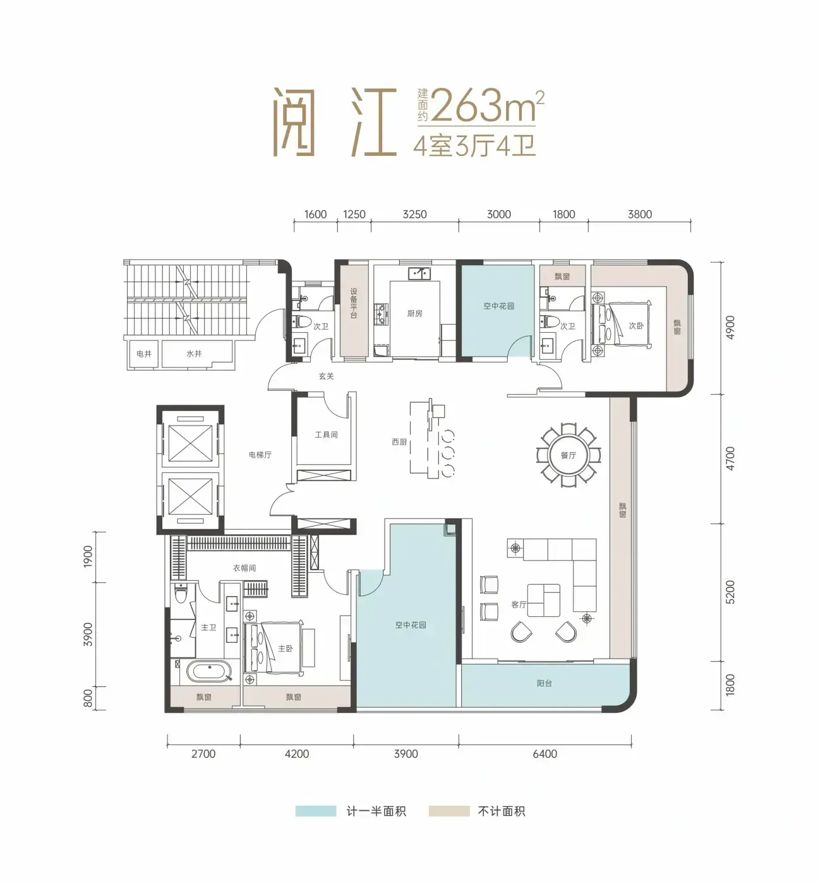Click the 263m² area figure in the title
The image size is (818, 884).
(x=487, y=105)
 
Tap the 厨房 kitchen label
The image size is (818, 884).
(x=414, y=313)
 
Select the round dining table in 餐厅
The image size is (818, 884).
(x=568, y=455)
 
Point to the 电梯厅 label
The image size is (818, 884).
(x=260, y=455)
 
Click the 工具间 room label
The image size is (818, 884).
(x=327, y=434)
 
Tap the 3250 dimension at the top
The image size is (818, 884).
(x=414, y=215)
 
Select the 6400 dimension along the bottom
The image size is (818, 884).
(x=545, y=753)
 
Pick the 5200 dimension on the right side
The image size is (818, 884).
(x=730, y=592)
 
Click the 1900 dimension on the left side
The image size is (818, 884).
(x=88, y=556)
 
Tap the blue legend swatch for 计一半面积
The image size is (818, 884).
(x=316, y=811)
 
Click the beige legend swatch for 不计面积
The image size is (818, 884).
(x=449, y=811)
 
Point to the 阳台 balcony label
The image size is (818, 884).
(x=544, y=683)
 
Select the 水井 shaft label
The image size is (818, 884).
(x=194, y=354)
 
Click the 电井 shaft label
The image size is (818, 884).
(x=144, y=354)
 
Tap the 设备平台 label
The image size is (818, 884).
(x=354, y=303)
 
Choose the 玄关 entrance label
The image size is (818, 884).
(x=326, y=376)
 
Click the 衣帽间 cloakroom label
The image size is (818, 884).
(x=244, y=568)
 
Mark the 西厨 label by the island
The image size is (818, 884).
(x=399, y=442)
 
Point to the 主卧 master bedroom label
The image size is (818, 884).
(x=286, y=648)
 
